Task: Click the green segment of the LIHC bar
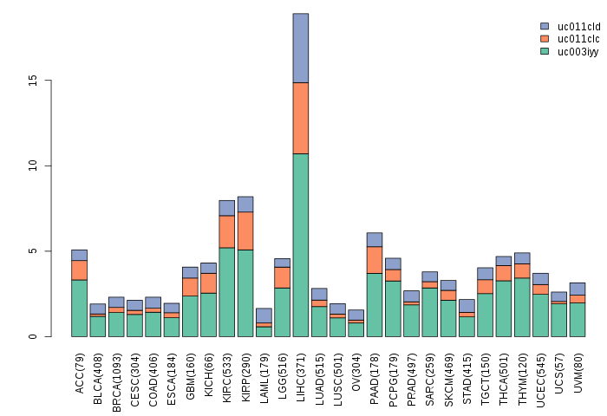click(x=300, y=244)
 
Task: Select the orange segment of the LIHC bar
click(x=300, y=118)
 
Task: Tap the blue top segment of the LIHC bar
click(x=300, y=48)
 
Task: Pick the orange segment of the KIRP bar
click(x=245, y=231)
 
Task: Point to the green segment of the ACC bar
click(x=79, y=308)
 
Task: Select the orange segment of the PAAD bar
click(x=374, y=260)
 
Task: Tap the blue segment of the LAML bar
click(x=264, y=315)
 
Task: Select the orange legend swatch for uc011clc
click(x=545, y=39)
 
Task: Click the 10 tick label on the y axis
click(x=32, y=166)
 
